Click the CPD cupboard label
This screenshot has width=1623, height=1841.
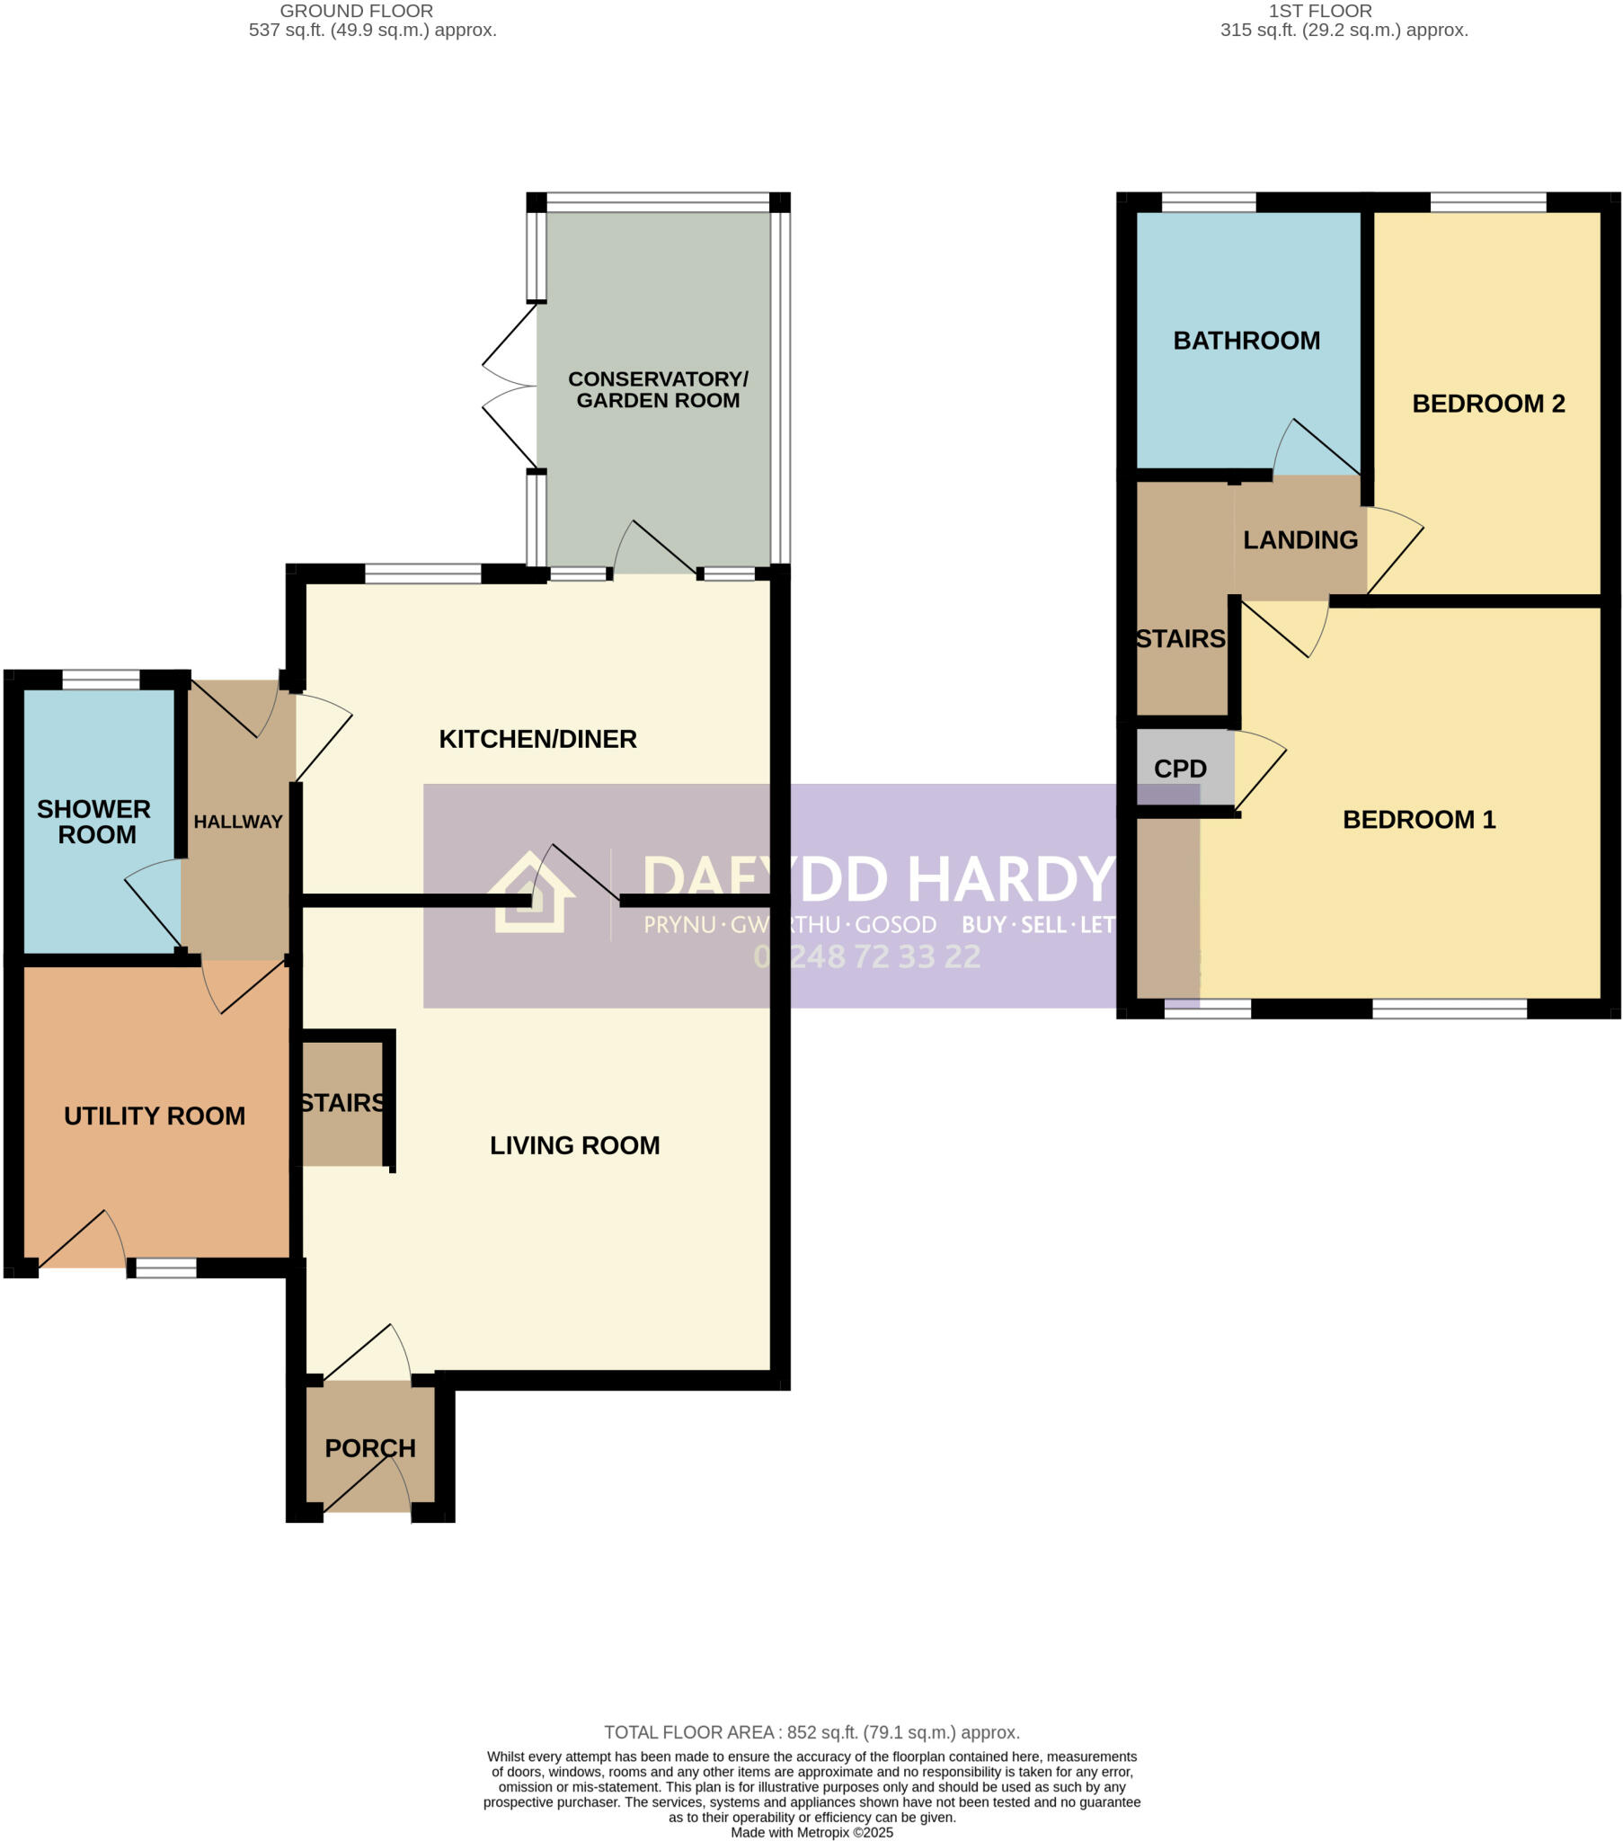(x=1179, y=769)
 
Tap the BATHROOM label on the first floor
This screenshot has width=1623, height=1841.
(x=1246, y=341)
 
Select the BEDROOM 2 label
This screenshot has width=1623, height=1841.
(x=1487, y=404)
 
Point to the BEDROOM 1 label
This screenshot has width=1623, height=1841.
(x=1417, y=820)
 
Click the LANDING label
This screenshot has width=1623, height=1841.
(x=1299, y=539)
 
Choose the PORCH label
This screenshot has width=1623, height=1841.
(x=370, y=1448)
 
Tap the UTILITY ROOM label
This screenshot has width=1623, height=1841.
(x=154, y=1116)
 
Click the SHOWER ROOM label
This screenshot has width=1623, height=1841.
(x=93, y=822)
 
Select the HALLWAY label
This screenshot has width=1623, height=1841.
(x=238, y=822)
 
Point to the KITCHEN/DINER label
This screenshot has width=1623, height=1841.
(x=537, y=739)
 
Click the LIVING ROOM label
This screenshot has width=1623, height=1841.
(x=573, y=1144)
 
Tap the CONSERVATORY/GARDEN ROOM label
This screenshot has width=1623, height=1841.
(x=658, y=390)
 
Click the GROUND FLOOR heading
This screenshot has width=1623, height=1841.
(x=357, y=12)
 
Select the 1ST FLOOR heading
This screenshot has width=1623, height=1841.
(x=1319, y=12)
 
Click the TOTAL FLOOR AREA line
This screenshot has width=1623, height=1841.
(x=811, y=1732)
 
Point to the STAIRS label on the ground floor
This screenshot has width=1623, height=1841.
(x=342, y=1102)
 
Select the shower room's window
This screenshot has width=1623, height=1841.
(x=101, y=679)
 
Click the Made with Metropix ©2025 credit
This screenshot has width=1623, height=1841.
(x=811, y=1832)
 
